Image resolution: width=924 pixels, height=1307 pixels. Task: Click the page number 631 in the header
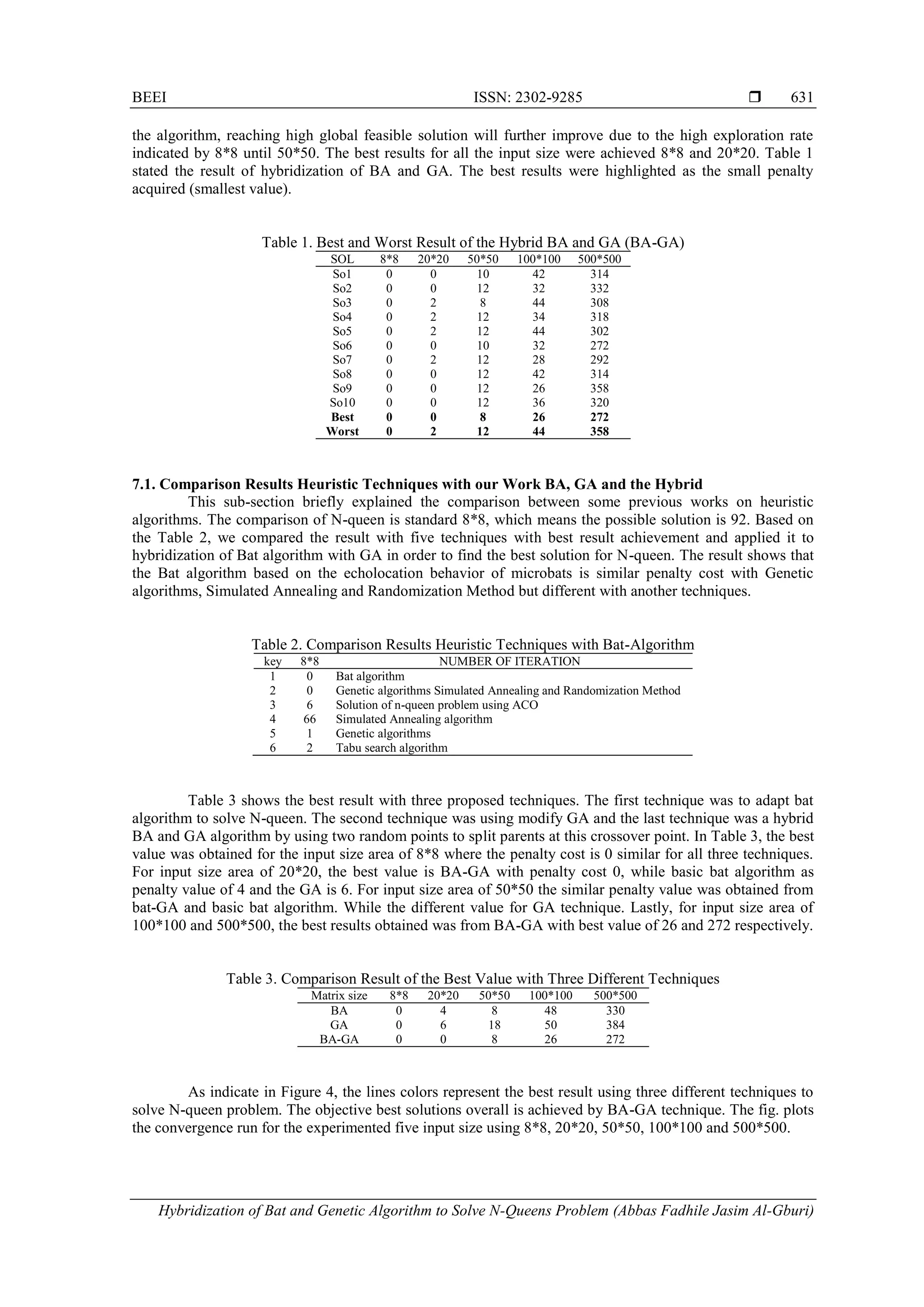coord(802,97)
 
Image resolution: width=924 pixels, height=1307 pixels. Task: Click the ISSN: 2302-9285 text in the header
coord(528,97)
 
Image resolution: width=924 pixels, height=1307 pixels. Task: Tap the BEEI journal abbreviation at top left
coord(149,97)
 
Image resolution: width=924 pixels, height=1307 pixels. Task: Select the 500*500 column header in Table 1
coord(600,259)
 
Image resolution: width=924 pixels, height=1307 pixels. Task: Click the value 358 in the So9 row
coord(600,388)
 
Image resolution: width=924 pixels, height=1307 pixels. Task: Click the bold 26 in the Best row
coord(539,417)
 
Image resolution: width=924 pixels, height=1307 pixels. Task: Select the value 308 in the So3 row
coord(600,303)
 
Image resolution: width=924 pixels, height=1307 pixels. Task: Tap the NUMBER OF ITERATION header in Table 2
coord(509,661)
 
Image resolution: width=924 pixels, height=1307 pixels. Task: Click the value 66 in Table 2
coord(309,719)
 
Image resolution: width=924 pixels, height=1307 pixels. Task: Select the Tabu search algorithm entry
coord(392,748)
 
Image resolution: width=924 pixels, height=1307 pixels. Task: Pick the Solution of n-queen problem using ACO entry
coord(437,705)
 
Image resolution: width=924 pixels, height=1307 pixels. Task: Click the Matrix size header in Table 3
coord(339,996)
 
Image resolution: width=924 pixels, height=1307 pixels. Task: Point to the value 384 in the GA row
coord(615,1025)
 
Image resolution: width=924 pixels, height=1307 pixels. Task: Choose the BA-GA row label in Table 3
coord(339,1039)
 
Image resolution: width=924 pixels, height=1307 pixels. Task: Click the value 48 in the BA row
coord(550,1011)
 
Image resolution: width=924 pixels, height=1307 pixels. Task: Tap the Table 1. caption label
coord(286,243)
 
